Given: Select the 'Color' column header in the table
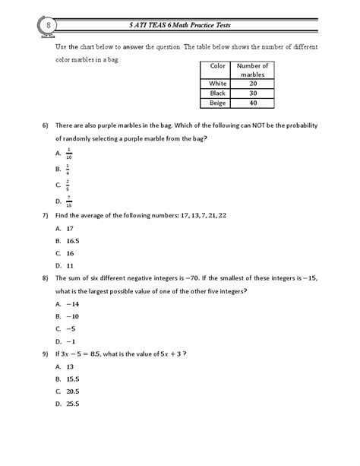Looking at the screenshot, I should pyautogui.click(x=218, y=66).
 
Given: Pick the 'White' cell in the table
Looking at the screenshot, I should pyautogui.click(x=218, y=84).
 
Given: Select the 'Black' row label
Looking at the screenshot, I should pyautogui.click(x=218, y=94).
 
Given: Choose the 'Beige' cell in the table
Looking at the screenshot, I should pyautogui.click(x=218, y=103).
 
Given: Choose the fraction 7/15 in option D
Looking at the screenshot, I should pyautogui.click(x=68, y=201).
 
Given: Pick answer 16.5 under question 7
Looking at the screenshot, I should pyautogui.click(x=73, y=240).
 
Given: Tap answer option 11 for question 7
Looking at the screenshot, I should pyautogui.click(x=70, y=265).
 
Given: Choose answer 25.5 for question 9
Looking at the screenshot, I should pyautogui.click(x=73, y=404).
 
